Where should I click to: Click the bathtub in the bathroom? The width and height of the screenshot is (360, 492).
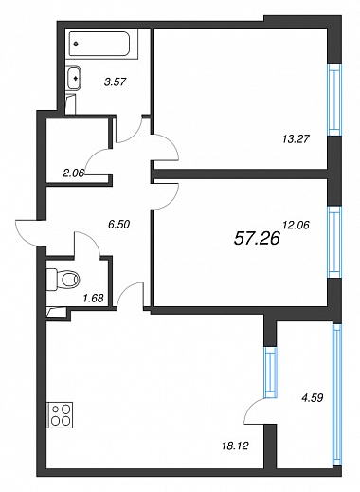(103, 44)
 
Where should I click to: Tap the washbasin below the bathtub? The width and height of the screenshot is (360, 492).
(75, 78)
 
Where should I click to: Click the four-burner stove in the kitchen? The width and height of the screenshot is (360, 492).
(60, 415)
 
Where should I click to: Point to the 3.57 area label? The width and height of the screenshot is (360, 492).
(116, 82)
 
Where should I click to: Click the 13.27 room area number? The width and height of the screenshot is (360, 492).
(296, 138)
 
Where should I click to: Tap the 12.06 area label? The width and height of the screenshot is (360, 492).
(296, 225)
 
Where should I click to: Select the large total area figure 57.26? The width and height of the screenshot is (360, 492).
(257, 238)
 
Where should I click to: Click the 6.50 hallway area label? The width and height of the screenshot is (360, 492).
(119, 225)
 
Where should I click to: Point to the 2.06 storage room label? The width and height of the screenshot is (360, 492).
(73, 173)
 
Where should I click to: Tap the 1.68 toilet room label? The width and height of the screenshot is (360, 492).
(93, 298)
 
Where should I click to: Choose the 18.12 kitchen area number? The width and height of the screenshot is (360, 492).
(235, 446)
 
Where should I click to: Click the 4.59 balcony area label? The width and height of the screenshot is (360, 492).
(313, 397)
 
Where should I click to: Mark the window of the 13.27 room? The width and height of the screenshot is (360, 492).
(334, 100)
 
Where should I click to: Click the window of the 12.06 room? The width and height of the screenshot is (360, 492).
(334, 242)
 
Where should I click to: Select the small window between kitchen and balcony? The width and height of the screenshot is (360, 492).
(271, 372)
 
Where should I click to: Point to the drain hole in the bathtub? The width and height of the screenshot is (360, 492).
(76, 44)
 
